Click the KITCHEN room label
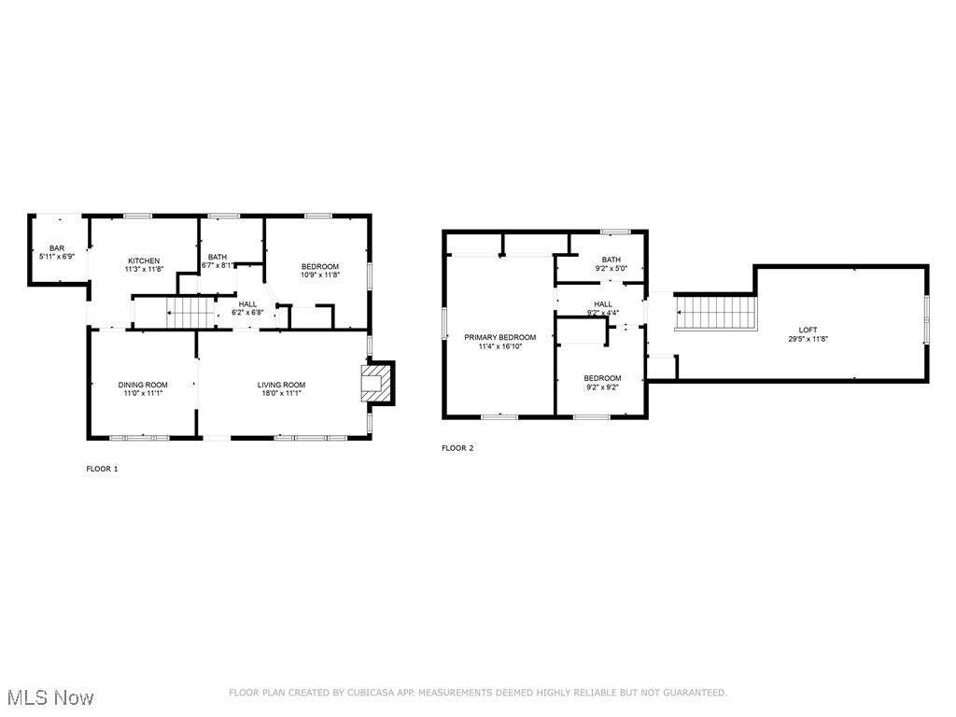(x=144, y=260)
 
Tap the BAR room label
(x=56, y=247)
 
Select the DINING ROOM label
(x=143, y=385)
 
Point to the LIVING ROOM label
(x=281, y=385)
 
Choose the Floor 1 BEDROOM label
(x=319, y=266)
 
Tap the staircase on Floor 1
(x=192, y=312)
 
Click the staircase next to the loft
(x=714, y=311)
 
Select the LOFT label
(x=808, y=330)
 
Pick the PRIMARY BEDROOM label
(x=500, y=337)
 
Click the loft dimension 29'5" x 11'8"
(x=808, y=339)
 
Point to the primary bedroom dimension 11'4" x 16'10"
(x=500, y=345)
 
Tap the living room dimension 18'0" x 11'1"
(x=281, y=393)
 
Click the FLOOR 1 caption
(x=102, y=469)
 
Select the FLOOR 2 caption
(x=457, y=448)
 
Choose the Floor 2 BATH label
(x=611, y=260)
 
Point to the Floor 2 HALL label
(x=603, y=304)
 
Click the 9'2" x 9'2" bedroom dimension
(x=602, y=387)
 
